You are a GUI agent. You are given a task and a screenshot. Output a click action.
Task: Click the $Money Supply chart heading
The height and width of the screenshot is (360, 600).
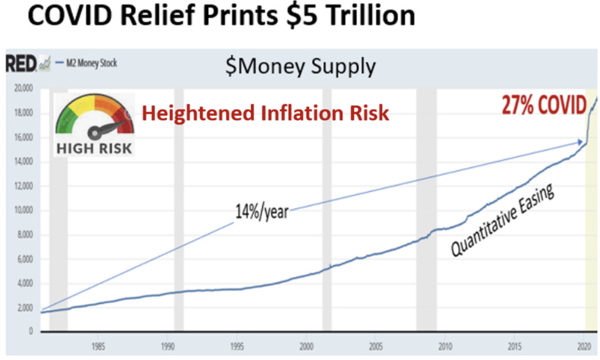300,66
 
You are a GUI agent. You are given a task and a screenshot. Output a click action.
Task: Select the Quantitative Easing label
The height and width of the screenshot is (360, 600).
501,220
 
